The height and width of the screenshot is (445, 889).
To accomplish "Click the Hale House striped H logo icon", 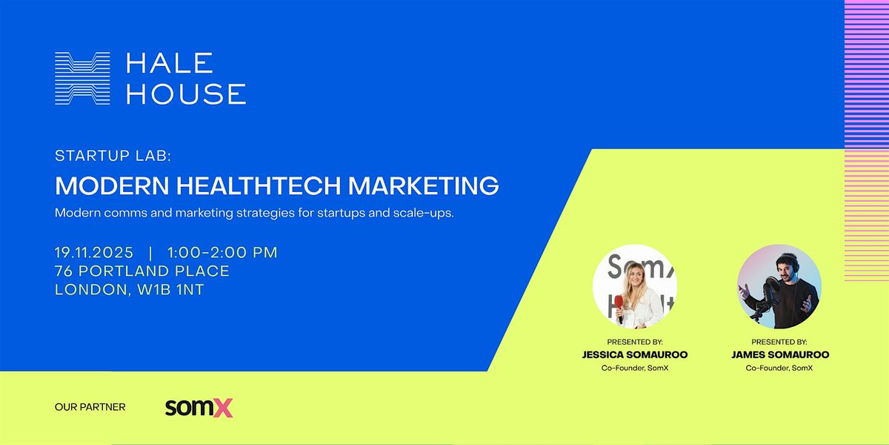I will pos(82,78).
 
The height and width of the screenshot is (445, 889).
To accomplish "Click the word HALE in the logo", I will pos(170,63).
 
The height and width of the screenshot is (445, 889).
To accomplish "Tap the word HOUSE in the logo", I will pos(186,93).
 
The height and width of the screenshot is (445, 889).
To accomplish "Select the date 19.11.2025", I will pos(94,252).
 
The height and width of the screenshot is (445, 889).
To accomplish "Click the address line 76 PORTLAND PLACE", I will pos(142,271).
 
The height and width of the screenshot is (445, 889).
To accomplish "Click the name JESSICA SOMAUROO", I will pos(635,355).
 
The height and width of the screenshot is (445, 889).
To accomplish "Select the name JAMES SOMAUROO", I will pos(779,355).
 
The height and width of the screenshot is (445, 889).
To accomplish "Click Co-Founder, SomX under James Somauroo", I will pos(779,368).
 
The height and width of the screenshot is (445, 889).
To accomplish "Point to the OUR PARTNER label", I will pos(90,407).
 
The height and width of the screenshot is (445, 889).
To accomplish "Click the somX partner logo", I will pos(199,407).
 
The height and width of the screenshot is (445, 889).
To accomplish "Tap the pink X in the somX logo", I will pos(222,408).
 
